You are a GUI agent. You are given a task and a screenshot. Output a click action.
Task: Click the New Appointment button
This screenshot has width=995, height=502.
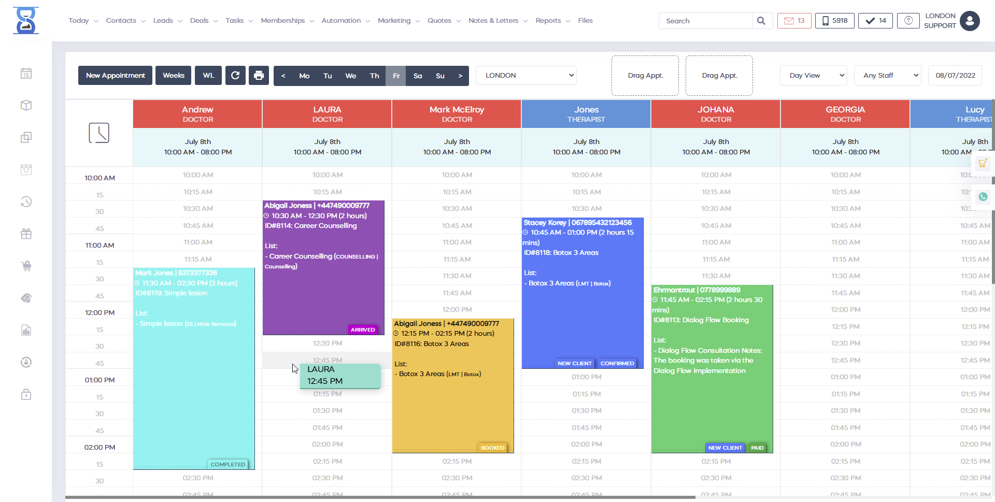coord(115,76)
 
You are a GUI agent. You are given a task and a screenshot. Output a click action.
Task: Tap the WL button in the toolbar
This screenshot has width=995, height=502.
coord(208,76)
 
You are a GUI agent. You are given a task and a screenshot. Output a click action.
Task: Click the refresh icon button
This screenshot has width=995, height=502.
coord(235,76)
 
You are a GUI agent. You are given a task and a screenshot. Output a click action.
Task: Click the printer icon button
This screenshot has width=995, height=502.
coord(259,76)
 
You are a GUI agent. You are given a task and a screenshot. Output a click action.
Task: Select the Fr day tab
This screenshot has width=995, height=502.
coord(396,76)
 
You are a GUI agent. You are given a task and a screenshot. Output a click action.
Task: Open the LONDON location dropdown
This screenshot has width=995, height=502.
coord(526,76)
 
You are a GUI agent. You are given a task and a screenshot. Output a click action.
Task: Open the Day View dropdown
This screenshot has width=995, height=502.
coord(813,76)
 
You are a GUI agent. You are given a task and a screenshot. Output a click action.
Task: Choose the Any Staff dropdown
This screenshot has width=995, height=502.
coord(887,76)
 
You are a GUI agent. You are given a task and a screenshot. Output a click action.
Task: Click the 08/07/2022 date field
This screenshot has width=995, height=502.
coord(955,76)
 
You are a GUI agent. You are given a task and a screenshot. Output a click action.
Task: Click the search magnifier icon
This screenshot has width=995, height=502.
coord(761,21)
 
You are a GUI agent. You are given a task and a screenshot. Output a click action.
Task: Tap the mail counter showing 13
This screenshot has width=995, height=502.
coord(794,21)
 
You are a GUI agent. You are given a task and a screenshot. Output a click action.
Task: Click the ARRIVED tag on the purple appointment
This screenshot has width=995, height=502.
coord(363,330)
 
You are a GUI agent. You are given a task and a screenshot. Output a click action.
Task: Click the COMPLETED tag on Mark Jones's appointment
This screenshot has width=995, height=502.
coord(228,465)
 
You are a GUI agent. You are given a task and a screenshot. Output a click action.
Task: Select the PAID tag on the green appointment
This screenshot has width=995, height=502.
coord(757,448)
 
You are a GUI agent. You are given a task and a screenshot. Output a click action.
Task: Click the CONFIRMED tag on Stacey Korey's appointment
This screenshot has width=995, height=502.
coord(617,364)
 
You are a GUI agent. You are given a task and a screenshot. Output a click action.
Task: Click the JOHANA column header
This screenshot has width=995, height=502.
coord(716,114)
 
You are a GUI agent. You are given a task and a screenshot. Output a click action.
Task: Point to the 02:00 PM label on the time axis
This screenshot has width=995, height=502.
coord(99,448)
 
